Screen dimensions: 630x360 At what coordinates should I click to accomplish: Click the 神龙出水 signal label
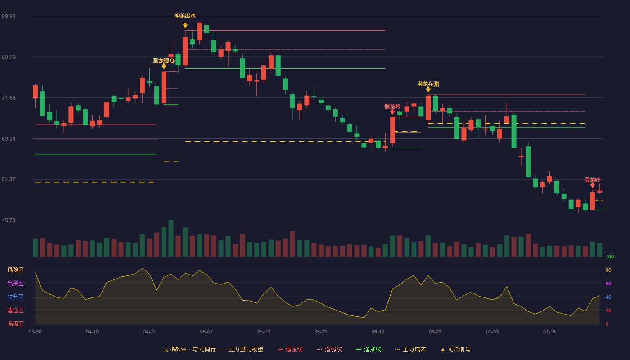click(185, 16)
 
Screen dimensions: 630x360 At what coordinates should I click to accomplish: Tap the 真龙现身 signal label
click(164, 61)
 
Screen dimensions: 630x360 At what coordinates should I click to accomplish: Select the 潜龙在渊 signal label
click(428, 84)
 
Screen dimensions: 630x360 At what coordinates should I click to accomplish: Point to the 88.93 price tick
click(9, 17)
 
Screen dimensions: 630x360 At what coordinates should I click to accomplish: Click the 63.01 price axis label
click(9, 139)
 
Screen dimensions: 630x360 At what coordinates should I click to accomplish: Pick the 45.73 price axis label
click(9, 220)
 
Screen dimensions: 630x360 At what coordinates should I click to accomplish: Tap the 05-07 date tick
click(207, 332)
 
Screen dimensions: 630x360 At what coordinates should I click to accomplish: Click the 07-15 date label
click(549, 332)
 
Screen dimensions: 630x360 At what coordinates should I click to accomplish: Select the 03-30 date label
click(35, 332)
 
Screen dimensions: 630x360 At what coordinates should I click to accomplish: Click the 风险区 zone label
click(15, 270)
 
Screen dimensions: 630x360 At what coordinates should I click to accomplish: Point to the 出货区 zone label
click(15, 283)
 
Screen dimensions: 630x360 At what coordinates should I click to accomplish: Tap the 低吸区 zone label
click(15, 324)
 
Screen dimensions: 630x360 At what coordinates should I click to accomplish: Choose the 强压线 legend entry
click(290, 350)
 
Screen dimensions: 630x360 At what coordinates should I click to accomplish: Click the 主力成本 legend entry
click(410, 350)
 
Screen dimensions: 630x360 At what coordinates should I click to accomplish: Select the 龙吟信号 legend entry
click(455, 350)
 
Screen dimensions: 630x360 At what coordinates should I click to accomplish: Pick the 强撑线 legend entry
click(369, 350)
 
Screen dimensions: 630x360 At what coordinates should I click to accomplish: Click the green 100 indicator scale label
click(610, 256)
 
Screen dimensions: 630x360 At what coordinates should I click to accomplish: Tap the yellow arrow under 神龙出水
click(185, 26)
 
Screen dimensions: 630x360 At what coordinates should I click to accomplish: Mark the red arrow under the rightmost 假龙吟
click(592, 185)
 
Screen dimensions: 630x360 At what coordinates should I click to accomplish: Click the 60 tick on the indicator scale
click(608, 283)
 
